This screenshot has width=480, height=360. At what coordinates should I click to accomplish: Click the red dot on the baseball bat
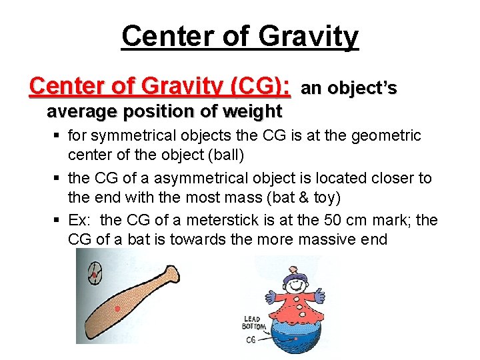tap(118, 309)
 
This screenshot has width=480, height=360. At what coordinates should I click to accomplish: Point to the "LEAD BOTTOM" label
tap(253, 323)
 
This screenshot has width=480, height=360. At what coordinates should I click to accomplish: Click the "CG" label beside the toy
tap(251, 339)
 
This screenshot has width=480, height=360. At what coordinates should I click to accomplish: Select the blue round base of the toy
tap(293, 337)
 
